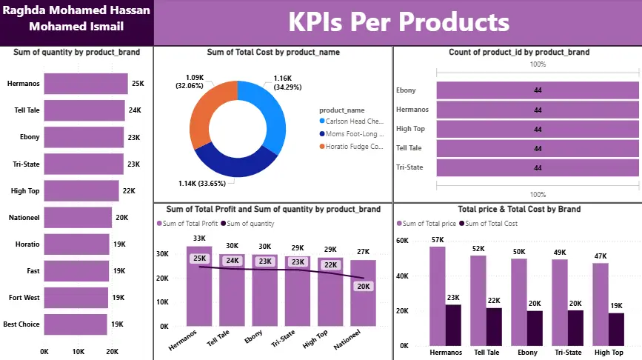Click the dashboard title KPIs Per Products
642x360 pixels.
click(x=398, y=21)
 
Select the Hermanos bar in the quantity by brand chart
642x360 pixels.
click(x=86, y=84)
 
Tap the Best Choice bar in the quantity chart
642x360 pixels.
click(x=76, y=324)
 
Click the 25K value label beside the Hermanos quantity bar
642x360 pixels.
click(x=138, y=84)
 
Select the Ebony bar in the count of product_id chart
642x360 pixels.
click(x=538, y=90)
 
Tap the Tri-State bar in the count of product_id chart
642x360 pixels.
click(x=538, y=167)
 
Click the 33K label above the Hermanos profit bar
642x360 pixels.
click(x=199, y=239)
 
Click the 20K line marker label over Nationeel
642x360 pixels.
click(x=363, y=286)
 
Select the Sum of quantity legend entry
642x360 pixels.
click(x=250, y=224)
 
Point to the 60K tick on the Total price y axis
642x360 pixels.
click(x=404, y=241)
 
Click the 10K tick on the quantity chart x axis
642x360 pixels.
click(x=78, y=351)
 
